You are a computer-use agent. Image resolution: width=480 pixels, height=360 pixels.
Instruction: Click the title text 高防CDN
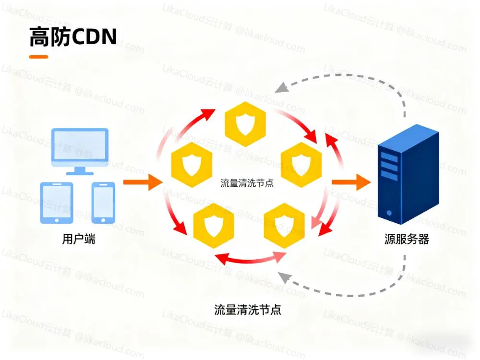coord(73,37)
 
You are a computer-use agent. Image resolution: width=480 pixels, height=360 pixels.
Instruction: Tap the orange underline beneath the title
coord(38,57)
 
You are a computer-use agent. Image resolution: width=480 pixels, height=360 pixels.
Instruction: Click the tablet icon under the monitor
coord(58,203)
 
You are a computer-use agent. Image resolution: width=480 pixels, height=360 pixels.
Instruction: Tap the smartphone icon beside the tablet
coord(103,203)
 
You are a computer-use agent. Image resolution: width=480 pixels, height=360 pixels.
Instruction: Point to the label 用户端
coord(79,239)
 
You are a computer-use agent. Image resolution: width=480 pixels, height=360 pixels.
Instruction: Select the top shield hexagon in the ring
coord(245,124)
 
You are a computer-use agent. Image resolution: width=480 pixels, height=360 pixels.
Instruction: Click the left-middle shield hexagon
coord(192,164)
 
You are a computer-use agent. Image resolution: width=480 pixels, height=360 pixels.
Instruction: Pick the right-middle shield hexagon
coord(300,164)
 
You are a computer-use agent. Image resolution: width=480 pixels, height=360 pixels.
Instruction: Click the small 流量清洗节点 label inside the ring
coord(247,183)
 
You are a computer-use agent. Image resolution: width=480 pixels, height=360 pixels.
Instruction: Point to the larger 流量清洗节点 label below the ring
coord(247,310)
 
